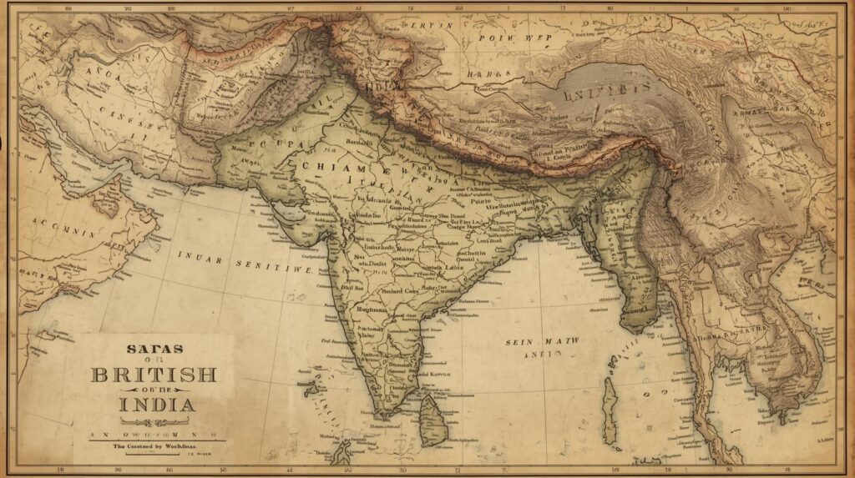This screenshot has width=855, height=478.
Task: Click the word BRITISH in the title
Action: click(x=153, y=375)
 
